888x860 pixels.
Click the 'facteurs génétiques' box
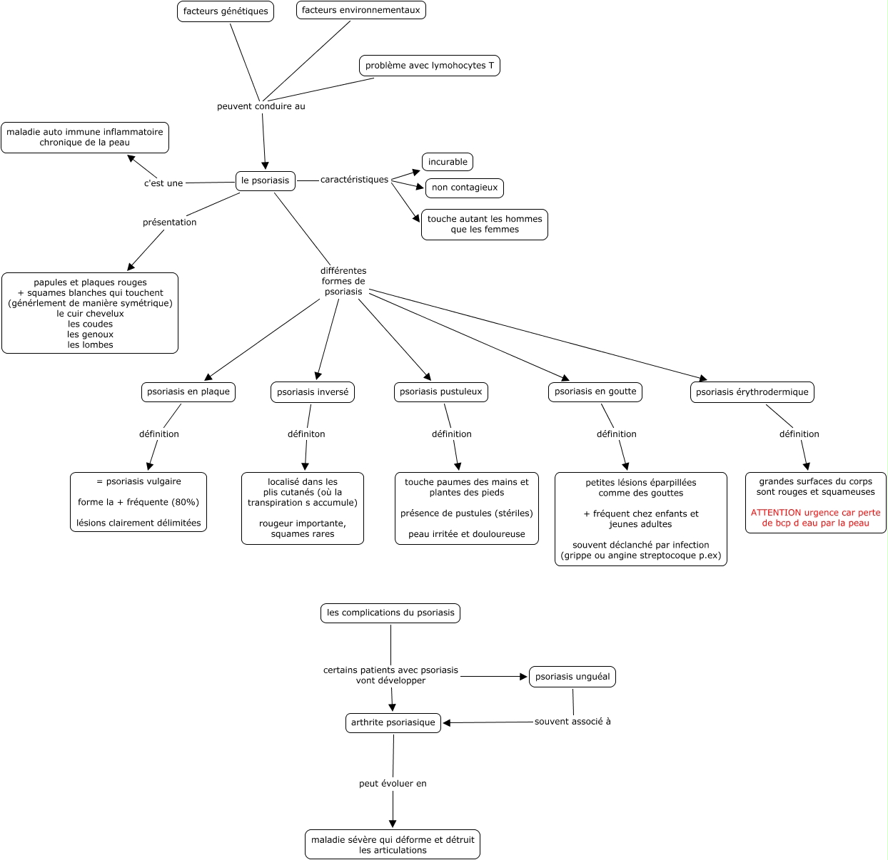(x=226, y=11)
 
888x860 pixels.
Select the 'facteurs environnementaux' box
(x=361, y=10)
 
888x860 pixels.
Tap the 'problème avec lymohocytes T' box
(x=430, y=66)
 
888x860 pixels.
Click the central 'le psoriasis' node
(x=265, y=181)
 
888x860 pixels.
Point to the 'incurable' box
(x=447, y=162)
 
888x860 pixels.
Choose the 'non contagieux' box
(x=465, y=188)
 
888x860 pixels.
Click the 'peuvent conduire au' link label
(x=261, y=106)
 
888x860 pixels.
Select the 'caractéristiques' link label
(x=354, y=180)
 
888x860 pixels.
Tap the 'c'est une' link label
(x=163, y=183)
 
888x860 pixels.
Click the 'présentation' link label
(x=169, y=222)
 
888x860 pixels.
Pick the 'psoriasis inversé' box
(x=313, y=392)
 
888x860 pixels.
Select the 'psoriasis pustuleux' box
(x=441, y=392)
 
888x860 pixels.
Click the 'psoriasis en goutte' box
(x=595, y=392)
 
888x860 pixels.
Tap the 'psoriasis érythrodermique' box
(x=752, y=392)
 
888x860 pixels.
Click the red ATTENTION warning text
(x=815, y=518)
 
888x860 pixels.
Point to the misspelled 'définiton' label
(x=306, y=434)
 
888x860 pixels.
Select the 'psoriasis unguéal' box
(x=572, y=677)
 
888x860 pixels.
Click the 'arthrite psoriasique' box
(x=393, y=723)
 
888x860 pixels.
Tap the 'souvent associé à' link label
(x=572, y=722)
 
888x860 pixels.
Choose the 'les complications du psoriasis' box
(x=390, y=613)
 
